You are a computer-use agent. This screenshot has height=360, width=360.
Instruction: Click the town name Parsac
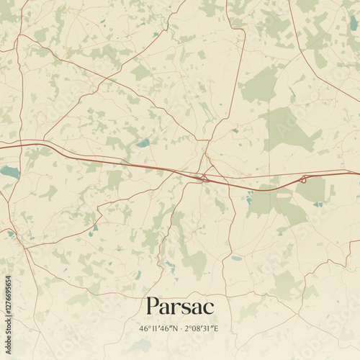[180, 306]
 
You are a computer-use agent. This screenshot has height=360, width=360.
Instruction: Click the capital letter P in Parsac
[153, 306]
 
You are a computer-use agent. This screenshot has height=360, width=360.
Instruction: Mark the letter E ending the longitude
[217, 328]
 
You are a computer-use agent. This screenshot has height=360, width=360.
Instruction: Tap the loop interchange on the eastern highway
[304, 178]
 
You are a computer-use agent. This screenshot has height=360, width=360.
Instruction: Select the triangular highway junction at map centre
[204, 176]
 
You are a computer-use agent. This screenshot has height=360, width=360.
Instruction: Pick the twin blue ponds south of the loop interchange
[318, 204]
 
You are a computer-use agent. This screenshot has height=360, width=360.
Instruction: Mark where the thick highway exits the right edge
[358, 173]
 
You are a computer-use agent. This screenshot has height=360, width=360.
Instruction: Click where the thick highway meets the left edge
[1, 147]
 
